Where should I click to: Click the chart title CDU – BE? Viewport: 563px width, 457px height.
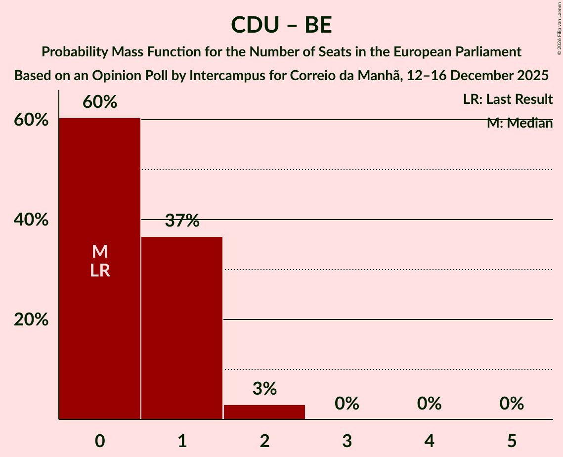[x=281, y=25]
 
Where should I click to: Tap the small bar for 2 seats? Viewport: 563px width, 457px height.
[x=264, y=411]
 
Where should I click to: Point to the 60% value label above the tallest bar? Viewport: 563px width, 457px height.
[x=100, y=102]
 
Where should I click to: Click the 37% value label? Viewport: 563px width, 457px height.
[x=182, y=221]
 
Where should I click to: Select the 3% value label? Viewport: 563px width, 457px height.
[x=264, y=389]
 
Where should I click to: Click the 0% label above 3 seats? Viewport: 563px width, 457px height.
[x=347, y=404]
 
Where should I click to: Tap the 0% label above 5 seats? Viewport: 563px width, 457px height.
[x=512, y=404]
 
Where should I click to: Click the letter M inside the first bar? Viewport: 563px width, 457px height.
[x=100, y=252]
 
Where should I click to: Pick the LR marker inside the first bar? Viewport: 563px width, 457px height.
[x=100, y=271]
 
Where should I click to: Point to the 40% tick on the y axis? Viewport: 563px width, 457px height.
[x=31, y=220]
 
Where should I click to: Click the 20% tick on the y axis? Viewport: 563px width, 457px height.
[x=31, y=320]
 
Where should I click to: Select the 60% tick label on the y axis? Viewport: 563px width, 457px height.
[x=31, y=120]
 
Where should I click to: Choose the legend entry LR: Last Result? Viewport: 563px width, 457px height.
[x=508, y=99]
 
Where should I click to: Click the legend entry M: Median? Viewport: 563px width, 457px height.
[x=520, y=123]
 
